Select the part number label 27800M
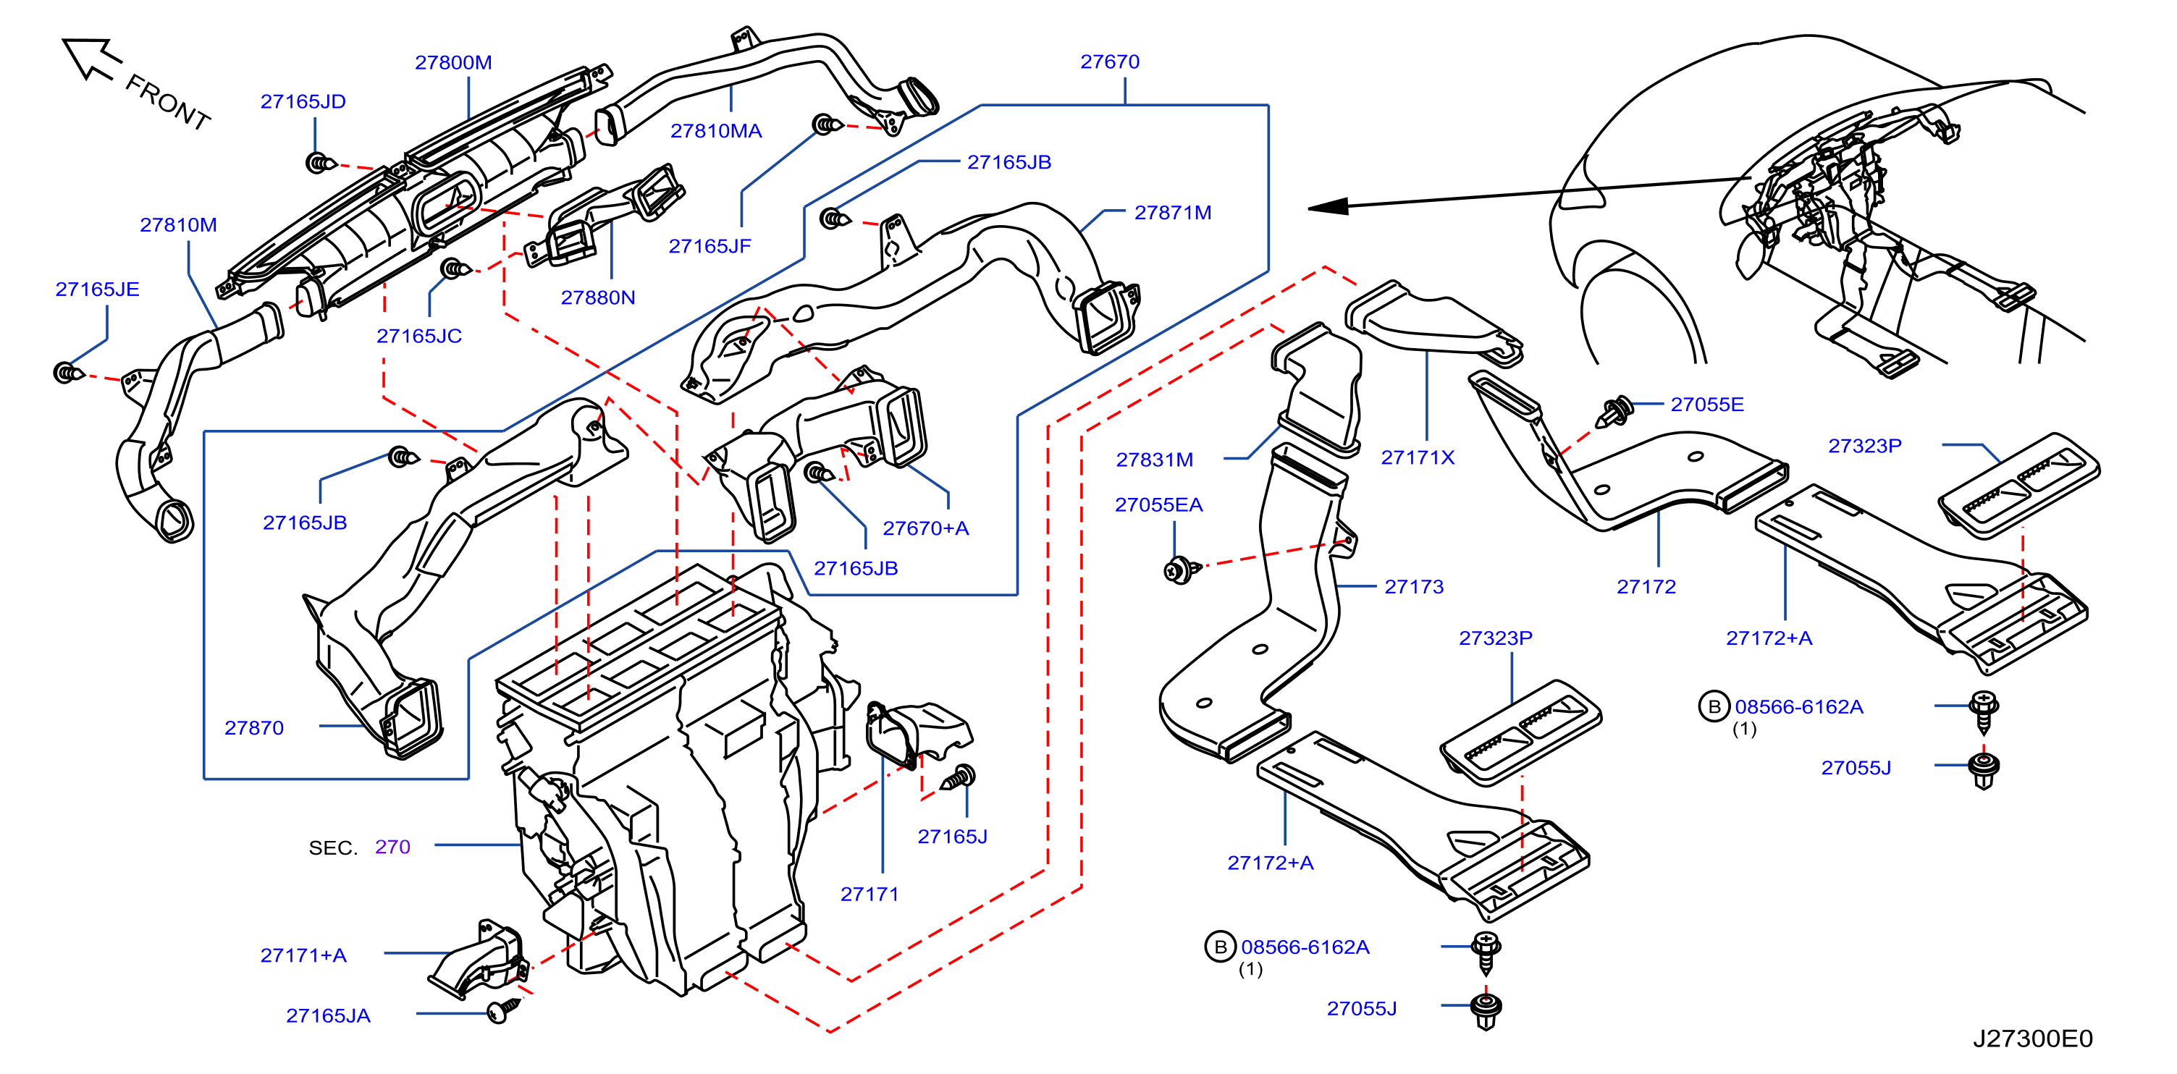[x=453, y=62]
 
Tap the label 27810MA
[x=716, y=131]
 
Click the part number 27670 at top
[x=1110, y=62]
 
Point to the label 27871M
[x=1172, y=213]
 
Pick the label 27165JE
[x=97, y=289]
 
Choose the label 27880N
[x=597, y=297]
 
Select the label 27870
[x=253, y=727]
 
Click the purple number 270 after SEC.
[x=392, y=847]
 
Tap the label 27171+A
[x=303, y=956]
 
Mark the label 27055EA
[x=1158, y=505]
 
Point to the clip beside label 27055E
[x=1613, y=412]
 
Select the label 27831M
[x=1155, y=460]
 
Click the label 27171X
[x=1418, y=458]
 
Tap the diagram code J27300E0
[x=2032, y=1039]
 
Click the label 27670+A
[x=925, y=529]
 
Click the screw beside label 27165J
[x=960, y=777]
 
